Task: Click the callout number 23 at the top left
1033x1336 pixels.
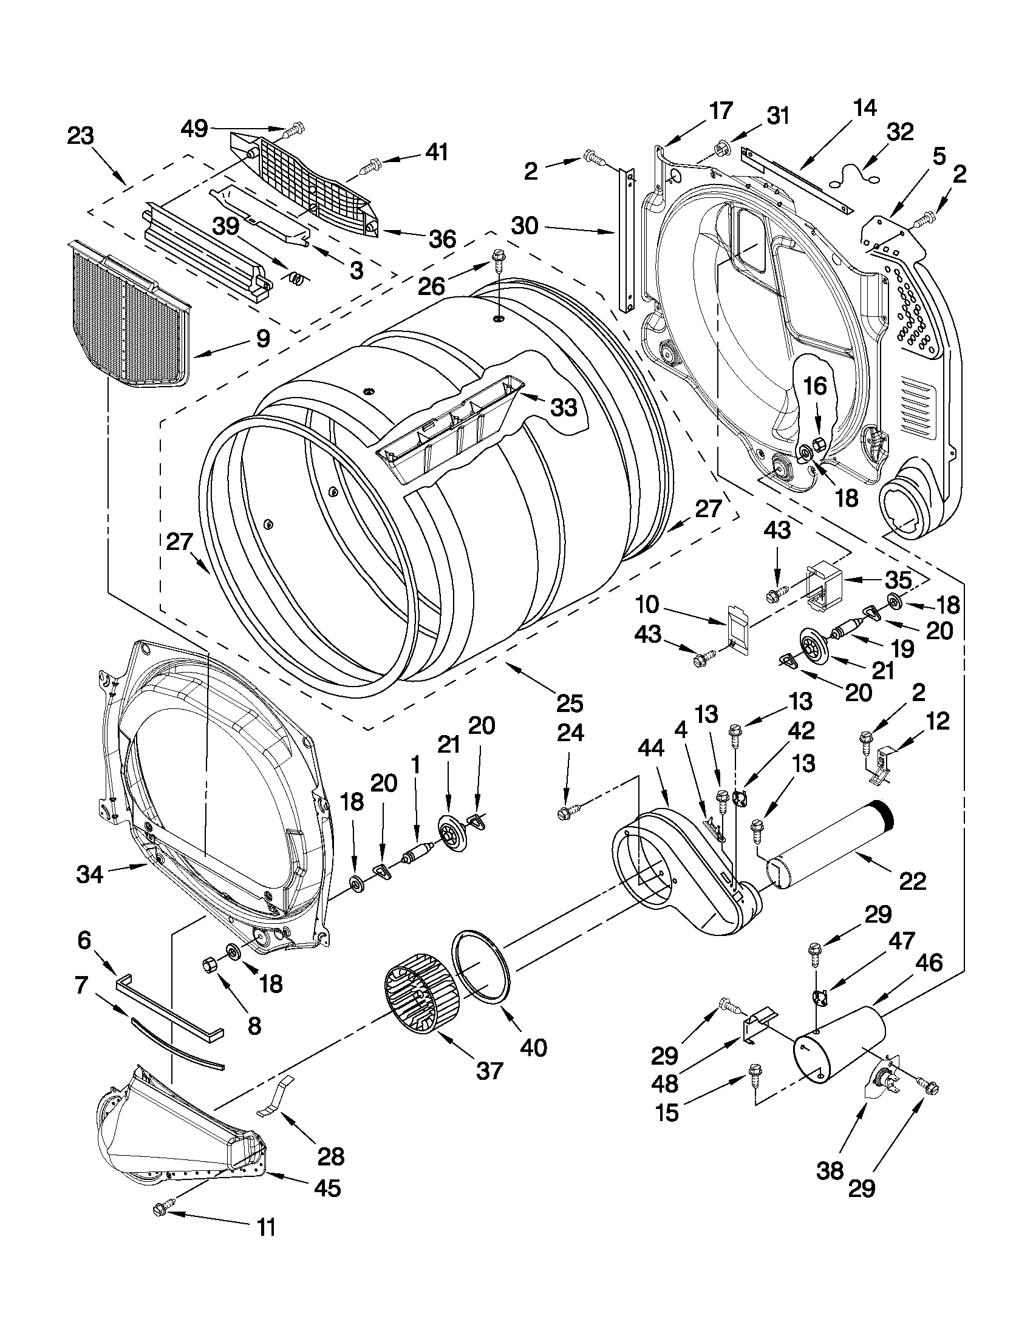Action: point(80,136)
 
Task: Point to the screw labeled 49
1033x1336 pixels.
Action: point(297,129)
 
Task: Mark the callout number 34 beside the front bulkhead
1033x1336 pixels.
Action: point(89,875)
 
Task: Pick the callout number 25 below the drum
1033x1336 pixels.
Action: point(569,704)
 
